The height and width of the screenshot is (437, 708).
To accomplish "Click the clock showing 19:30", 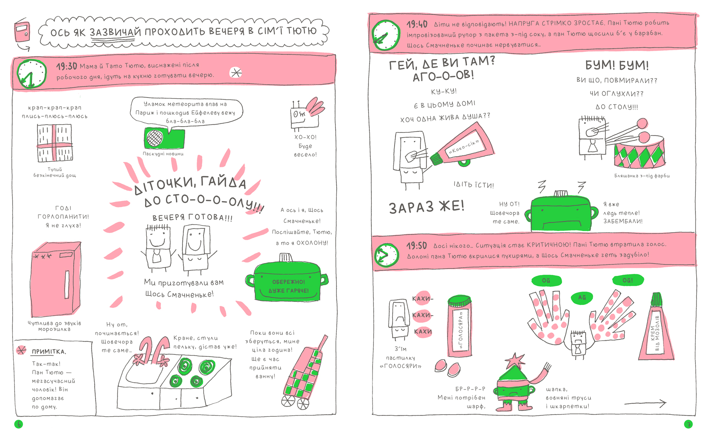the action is click(x=31, y=73).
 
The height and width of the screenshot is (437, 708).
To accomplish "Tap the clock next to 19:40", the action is click(x=386, y=35).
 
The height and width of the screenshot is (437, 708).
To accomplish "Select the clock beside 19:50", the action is click(x=387, y=255).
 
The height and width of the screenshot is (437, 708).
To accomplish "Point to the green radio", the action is click(x=164, y=138).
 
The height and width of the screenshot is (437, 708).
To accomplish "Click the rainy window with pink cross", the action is click(x=55, y=143).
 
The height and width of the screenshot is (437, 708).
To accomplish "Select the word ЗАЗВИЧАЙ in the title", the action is click(x=115, y=32).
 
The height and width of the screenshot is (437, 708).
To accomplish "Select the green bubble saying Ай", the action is click(x=582, y=297).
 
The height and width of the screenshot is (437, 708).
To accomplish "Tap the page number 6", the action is click(x=18, y=424).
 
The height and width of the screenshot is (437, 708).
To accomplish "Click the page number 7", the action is click(x=688, y=424).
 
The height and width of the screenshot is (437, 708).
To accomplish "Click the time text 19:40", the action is click(x=417, y=24).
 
